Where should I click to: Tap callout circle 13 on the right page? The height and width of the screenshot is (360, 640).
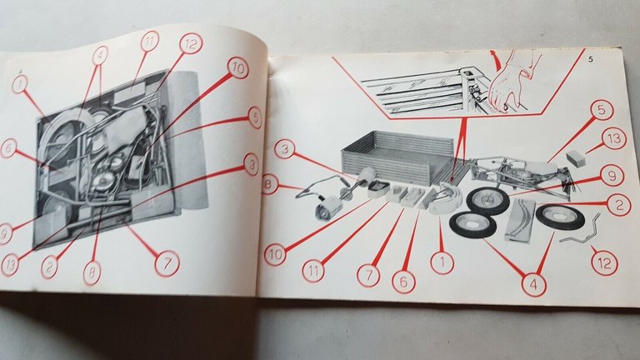[616, 140]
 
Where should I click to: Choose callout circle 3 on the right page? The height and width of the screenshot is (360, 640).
[285, 151]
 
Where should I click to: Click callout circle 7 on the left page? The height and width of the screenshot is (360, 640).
[165, 262]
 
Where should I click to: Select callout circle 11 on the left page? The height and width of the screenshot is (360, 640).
[149, 42]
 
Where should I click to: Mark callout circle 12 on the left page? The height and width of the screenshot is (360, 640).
[191, 44]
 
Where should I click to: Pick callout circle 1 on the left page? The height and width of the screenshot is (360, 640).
[19, 83]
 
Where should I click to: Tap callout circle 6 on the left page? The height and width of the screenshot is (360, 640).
[8, 147]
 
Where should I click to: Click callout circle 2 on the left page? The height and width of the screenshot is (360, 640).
[51, 267]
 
